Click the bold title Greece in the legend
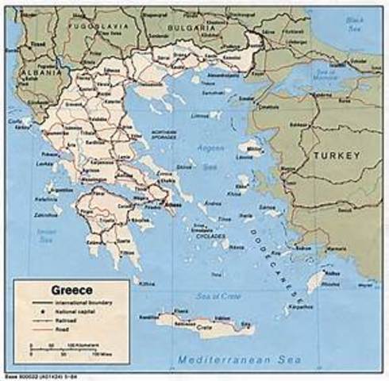(x=71, y=290)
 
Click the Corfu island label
(x=14, y=121)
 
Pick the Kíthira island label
(x=148, y=283)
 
